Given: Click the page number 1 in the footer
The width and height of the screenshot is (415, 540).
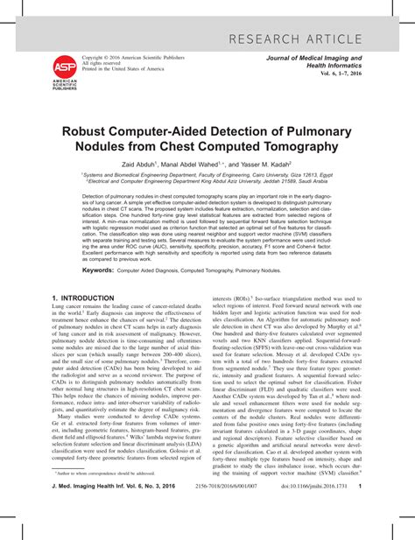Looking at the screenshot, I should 385,522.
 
